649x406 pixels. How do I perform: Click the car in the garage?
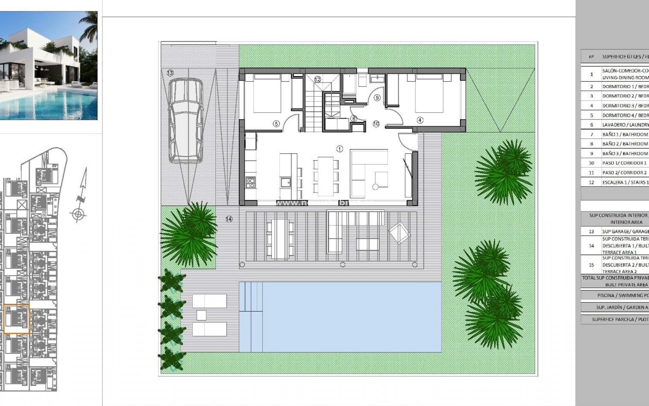click(186, 120)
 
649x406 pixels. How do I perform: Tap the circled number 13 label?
click(170, 73)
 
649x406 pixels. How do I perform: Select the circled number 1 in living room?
click(340, 149)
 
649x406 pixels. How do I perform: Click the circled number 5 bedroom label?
click(276, 124)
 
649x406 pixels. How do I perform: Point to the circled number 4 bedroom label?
click(420, 120)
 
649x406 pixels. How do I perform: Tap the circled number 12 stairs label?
click(317, 79)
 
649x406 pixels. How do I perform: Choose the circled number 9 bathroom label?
click(377, 98)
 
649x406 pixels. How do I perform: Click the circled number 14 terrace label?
click(229, 219)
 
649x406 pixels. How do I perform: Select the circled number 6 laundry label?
click(354, 119)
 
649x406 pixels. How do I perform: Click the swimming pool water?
click(352, 317)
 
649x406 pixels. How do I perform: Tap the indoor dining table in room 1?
click(326, 176)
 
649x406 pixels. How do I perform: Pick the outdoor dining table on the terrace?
click(278, 239)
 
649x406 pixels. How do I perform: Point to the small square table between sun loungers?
click(201, 315)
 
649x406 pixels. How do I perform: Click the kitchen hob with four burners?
click(250, 182)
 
